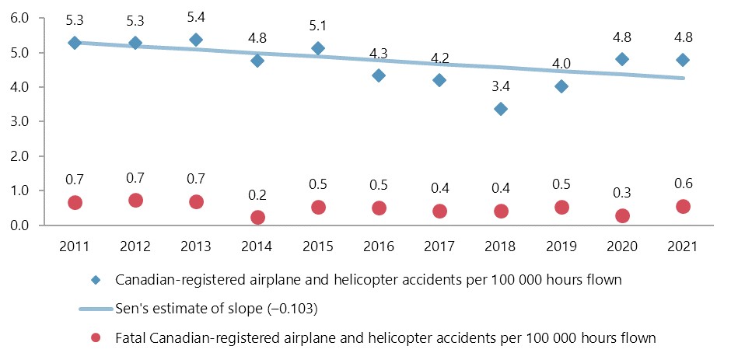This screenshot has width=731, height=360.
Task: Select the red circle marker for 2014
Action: click(x=257, y=218)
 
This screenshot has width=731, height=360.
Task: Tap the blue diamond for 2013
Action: click(x=196, y=40)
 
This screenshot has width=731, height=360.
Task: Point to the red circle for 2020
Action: click(x=622, y=215)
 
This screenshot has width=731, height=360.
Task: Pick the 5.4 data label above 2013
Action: click(x=196, y=16)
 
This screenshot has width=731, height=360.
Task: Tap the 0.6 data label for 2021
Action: click(x=683, y=183)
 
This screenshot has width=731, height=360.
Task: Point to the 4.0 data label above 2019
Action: click(x=561, y=64)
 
